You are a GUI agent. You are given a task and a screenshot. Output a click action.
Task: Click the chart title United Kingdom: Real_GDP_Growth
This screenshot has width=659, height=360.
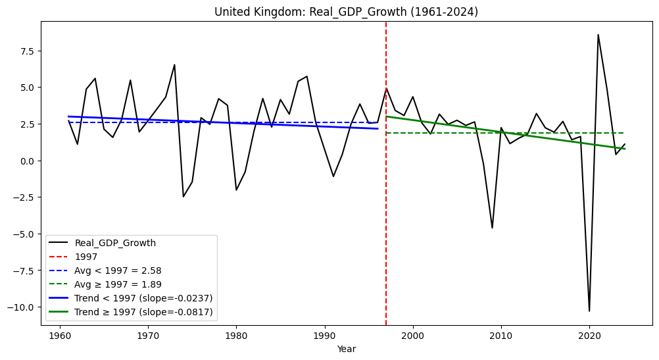(346, 12)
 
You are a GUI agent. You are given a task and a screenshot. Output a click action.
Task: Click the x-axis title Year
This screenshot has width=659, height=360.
(346, 349)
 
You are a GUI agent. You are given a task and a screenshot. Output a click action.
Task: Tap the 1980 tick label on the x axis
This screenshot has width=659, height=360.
(235, 335)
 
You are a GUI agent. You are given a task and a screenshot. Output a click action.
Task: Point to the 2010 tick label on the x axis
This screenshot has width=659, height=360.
(500, 335)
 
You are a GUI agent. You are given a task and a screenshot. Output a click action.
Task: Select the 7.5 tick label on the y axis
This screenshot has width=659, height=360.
(28, 51)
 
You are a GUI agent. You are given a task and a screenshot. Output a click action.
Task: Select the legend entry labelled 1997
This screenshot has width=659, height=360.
(86, 257)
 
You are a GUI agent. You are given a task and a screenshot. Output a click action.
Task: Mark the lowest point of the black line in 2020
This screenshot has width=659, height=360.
(589, 311)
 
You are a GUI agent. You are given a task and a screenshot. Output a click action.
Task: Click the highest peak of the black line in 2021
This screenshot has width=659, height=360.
(598, 35)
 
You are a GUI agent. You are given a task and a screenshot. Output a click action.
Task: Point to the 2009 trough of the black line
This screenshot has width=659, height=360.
(492, 228)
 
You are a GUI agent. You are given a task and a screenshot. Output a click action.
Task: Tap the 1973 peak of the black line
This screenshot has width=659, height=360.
(174, 64)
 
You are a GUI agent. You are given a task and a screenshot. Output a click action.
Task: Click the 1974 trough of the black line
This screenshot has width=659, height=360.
(183, 197)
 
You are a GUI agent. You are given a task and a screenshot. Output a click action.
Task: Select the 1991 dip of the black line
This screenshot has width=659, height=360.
(333, 176)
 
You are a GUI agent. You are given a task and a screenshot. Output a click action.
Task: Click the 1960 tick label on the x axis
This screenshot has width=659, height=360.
(59, 335)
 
